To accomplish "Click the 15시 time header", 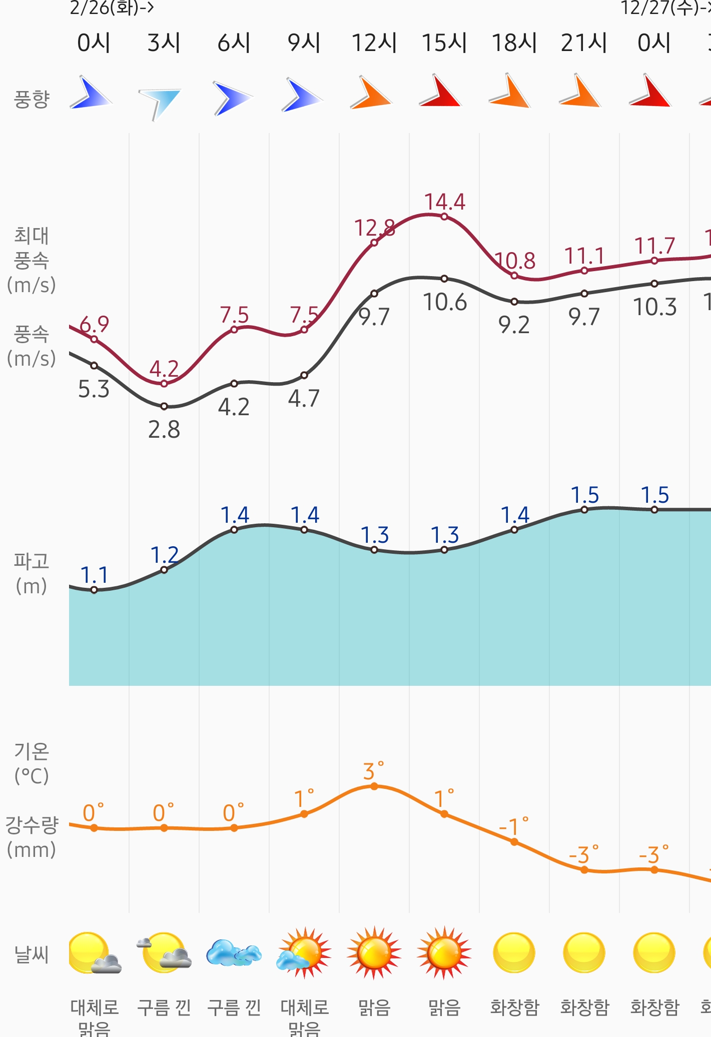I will pos(444,43).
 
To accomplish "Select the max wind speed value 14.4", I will pos(444,202).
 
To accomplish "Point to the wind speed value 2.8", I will pos(164,430).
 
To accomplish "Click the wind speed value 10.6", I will pos(444,303).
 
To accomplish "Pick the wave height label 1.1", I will pos(94,575).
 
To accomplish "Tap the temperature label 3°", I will pos(373,771).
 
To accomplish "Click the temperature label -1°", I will pos(513,827).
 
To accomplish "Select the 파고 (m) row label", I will pos(31,573).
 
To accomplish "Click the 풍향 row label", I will pos(31,99).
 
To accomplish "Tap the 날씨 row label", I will pos(31,954).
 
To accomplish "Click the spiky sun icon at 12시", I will pos(374,953).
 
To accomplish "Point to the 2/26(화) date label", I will pos(111,8).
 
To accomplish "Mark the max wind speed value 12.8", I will pos(374,228).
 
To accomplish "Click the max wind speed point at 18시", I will pos(514,276).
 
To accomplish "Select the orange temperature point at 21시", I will pos(584,870).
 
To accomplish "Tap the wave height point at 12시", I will pos(374,550).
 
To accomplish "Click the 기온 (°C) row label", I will pos(31,763).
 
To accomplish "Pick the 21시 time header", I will pos(583,43).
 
